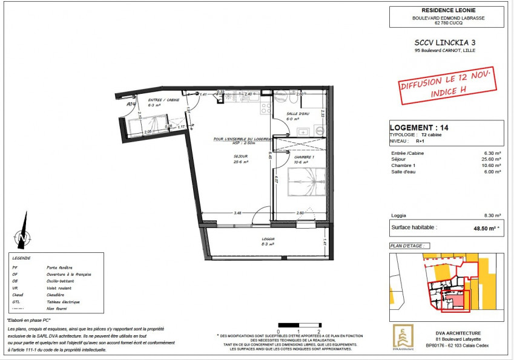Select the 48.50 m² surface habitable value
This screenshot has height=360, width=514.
pyautogui.click(x=480, y=228)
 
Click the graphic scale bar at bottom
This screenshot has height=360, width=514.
pyautogui.click(x=298, y=326)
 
